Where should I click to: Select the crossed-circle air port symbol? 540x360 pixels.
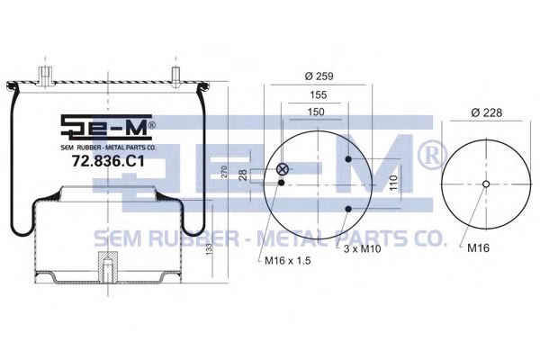pyautogui.click(x=283, y=168)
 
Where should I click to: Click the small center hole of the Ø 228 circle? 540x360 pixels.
pyautogui.click(x=485, y=185)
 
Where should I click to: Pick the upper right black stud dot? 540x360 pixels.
pyautogui.click(x=348, y=160)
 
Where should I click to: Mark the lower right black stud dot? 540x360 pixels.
pyautogui.click(x=348, y=210)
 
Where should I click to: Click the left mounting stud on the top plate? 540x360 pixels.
pyautogui.click(x=41, y=72)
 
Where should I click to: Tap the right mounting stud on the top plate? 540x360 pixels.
pyautogui.click(x=175, y=72)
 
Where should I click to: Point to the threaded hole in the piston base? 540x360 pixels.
pyautogui.click(x=108, y=268)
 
